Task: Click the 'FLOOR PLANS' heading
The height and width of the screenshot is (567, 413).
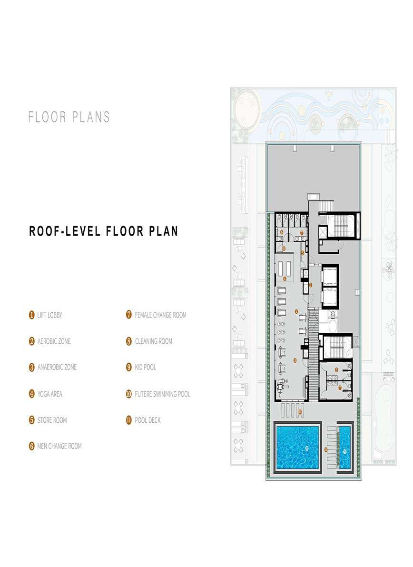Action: coord(69,117)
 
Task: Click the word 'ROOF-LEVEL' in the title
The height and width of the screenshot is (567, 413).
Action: coord(65,231)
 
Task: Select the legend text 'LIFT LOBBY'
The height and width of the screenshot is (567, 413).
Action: coord(50,315)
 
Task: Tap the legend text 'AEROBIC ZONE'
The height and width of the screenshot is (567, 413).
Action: coord(54,341)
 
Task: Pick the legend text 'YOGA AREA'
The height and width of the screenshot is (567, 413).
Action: coord(50,394)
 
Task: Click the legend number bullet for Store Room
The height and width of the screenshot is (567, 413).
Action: coord(32,420)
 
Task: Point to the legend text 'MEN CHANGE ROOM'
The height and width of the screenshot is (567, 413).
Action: coord(59,446)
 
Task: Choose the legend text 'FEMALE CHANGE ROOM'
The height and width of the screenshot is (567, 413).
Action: coord(161,315)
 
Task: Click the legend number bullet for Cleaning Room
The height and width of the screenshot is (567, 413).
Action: coord(128,341)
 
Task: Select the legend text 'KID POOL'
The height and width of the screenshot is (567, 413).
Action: coord(146,367)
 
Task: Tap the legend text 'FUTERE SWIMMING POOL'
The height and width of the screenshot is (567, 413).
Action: coord(163,394)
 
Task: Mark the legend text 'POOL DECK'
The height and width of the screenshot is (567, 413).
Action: coord(148,420)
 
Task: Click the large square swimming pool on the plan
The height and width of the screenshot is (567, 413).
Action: coord(297,448)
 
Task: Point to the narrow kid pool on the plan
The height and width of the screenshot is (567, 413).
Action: coord(344,448)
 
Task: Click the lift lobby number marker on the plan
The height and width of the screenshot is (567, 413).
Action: coord(311,285)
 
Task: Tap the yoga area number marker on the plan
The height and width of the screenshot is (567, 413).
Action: coord(285,279)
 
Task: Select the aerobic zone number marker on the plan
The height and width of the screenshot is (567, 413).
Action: coord(296,311)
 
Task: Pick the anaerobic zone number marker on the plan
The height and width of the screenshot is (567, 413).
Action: coord(295,360)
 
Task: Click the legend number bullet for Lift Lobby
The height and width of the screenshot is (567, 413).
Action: coord(32,315)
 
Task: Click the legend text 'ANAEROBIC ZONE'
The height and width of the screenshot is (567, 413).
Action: coord(57,367)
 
